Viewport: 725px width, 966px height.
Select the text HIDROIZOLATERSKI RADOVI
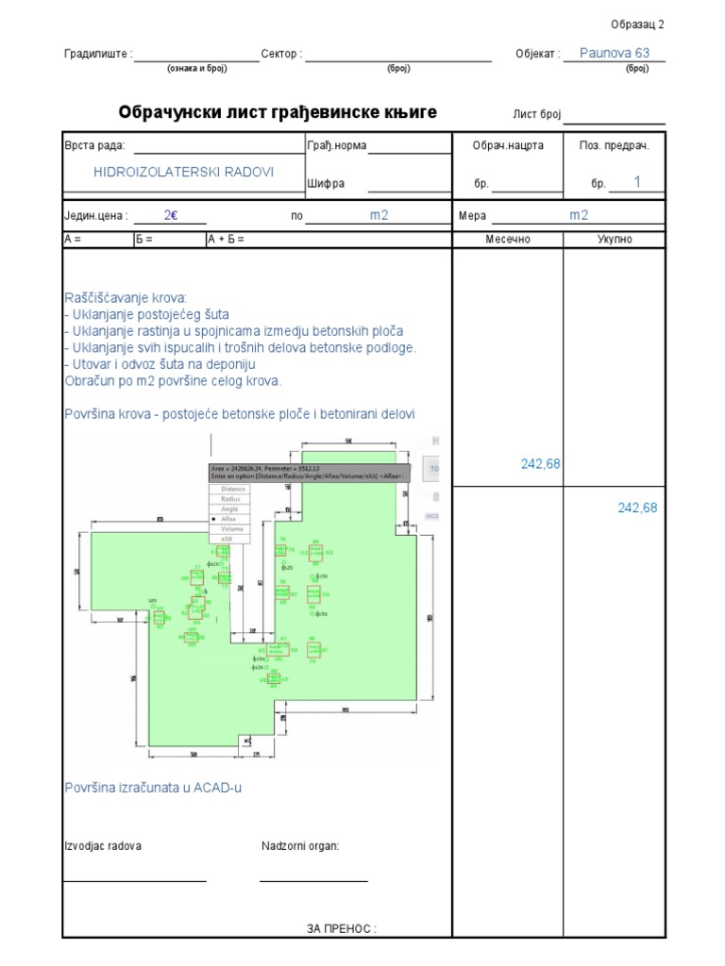pyautogui.click(x=183, y=172)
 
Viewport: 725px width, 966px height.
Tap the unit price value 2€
pyautogui.click(x=171, y=215)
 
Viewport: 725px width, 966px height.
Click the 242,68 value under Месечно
pyautogui.click(x=540, y=463)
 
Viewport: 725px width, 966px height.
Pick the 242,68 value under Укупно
pyautogui.click(x=637, y=508)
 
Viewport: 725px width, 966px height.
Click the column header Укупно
pyautogui.click(x=614, y=239)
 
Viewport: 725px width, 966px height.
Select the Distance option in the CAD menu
pyautogui.click(x=233, y=490)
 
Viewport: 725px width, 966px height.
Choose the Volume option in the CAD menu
pyautogui.click(x=232, y=529)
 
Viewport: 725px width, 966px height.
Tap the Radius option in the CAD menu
pyautogui.click(x=231, y=499)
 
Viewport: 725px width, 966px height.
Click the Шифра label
pyautogui.click(x=326, y=183)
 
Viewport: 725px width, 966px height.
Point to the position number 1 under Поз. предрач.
pyautogui.click(x=637, y=182)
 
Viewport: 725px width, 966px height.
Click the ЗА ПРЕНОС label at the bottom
pyautogui.click(x=341, y=929)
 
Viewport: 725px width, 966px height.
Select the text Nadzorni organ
pyautogui.click(x=300, y=845)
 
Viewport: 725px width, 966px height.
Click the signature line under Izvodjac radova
pyautogui.click(x=134, y=881)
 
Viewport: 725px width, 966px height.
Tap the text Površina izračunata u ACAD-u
pyautogui.click(x=152, y=787)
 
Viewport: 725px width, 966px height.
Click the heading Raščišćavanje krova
pyautogui.click(x=126, y=297)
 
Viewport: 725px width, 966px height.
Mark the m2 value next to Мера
pyautogui.click(x=578, y=215)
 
